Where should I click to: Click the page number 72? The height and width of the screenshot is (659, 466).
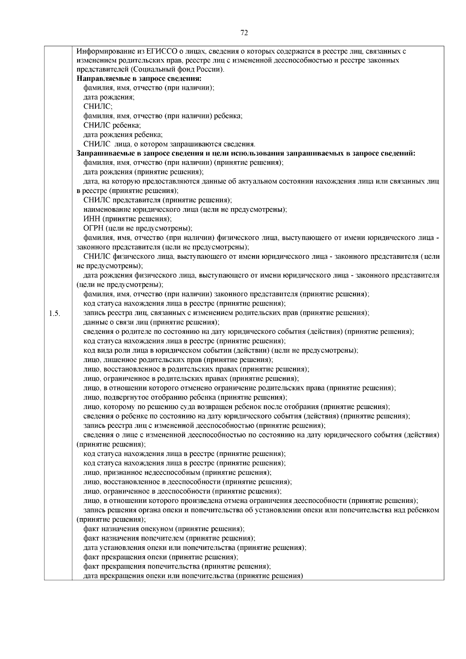point(244,33)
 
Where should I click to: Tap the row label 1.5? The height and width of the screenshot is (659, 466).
point(55,313)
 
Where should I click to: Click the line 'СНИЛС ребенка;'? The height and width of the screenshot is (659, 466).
point(112,125)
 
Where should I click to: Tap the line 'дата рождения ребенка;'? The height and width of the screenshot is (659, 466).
point(123,135)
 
